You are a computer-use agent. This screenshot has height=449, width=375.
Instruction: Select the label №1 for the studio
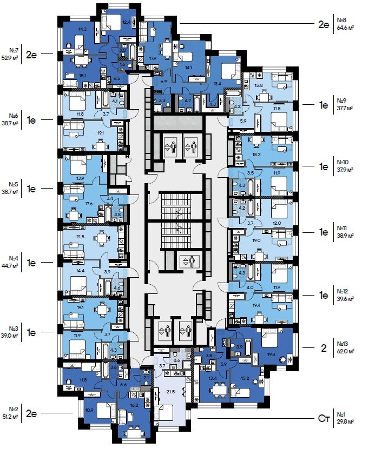341,413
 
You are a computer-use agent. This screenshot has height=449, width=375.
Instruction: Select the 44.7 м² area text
10,266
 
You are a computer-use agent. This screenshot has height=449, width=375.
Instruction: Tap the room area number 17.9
153,58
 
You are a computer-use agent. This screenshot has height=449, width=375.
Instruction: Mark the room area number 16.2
135,403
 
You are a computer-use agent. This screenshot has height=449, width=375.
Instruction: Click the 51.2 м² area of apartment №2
10,417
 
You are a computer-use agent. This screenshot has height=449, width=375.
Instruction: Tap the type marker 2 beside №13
324,348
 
